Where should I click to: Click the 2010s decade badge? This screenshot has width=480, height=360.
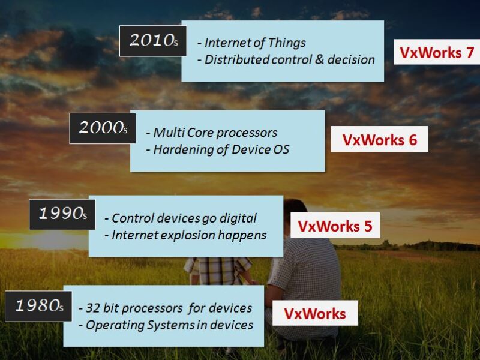[x=152, y=41]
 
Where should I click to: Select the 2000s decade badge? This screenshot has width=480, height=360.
[x=103, y=128]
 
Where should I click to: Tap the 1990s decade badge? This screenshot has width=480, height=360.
[x=62, y=214]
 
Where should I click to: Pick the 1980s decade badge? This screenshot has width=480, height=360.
[x=38, y=306]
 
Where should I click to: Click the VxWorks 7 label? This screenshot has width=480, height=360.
[x=437, y=52]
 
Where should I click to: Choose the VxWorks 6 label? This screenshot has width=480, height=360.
[x=379, y=139]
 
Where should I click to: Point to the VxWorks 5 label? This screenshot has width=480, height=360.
[x=335, y=226]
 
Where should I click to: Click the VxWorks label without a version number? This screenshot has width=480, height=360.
[x=315, y=313]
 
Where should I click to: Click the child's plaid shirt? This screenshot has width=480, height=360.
[x=219, y=270]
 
